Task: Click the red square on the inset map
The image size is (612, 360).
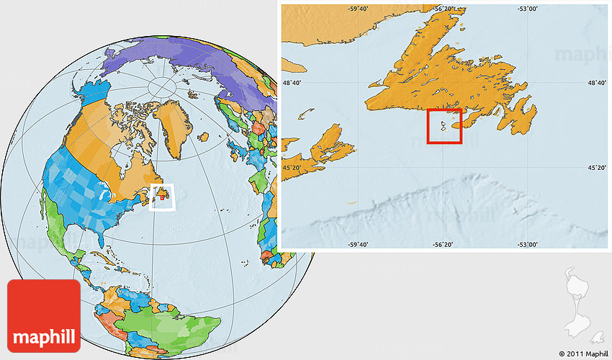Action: pyautogui.click(x=444, y=126)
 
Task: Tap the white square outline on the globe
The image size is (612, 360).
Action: pyautogui.click(x=163, y=198)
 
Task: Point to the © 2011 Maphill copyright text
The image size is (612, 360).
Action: pyautogui.click(x=582, y=354)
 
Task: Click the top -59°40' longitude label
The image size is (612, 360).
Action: pyautogui.click(x=358, y=9)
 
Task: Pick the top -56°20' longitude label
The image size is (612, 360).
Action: pyautogui.click(x=444, y=9)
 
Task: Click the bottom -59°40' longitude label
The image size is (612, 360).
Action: pyautogui.click(x=358, y=245)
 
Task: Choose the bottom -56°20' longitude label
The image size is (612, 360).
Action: pyautogui.click(x=444, y=245)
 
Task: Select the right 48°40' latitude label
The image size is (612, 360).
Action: pyautogui.click(x=598, y=84)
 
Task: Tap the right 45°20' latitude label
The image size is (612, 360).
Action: pyautogui.click(x=598, y=168)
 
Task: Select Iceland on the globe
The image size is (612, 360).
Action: pyautogui.click(x=203, y=135)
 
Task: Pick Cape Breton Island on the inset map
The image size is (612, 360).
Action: pyautogui.click(x=331, y=140)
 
